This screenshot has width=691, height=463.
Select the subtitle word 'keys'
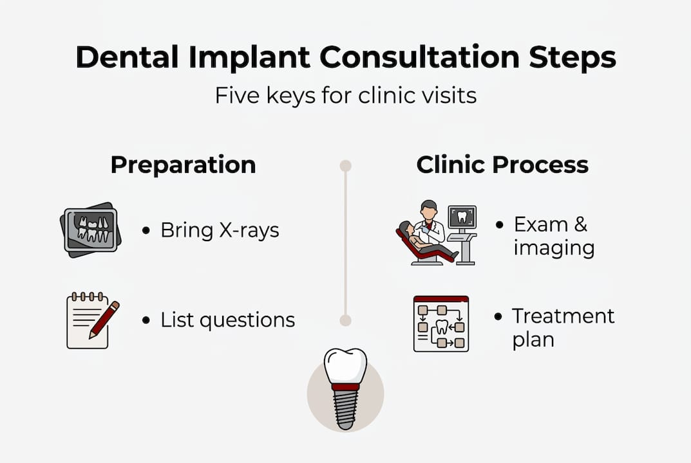click(x=291, y=96)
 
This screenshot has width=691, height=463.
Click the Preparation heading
click(x=184, y=165)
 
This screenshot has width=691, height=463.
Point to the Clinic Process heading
click(x=502, y=165)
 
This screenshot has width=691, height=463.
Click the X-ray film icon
click(x=90, y=230)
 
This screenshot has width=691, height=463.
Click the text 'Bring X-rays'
click(x=220, y=230)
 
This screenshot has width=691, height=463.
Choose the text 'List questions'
click(x=228, y=320)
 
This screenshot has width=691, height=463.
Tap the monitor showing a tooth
click(x=462, y=217)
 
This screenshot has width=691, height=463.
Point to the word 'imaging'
click(x=554, y=248)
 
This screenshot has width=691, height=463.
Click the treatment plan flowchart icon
click(x=441, y=324)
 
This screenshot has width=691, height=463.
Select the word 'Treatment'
click(x=563, y=316)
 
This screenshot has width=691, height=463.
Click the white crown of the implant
click(x=345, y=365)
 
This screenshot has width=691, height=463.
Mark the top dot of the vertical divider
click(x=345, y=166)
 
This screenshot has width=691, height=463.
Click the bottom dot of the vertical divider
click(x=345, y=320)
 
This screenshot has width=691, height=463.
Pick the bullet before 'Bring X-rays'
click(x=146, y=230)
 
